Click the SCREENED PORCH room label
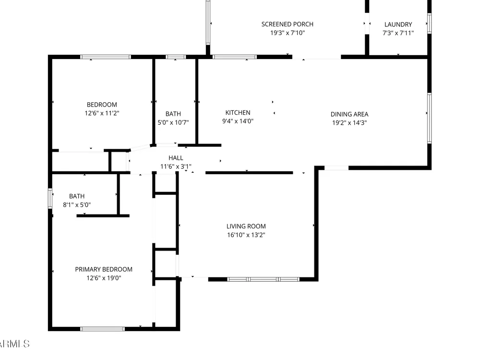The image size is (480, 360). point(287,24)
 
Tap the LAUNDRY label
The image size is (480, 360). point(398,24)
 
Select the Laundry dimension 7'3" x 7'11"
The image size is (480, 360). point(398,33)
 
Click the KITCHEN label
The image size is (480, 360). point(238,113)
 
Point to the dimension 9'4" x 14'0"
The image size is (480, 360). point(238,121)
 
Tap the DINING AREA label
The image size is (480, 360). point(349,114)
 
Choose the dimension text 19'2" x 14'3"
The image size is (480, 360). point(349,123)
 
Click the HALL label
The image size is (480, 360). point(176,158)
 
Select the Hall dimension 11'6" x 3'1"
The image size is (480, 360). point(176,166)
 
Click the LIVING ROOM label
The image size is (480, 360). point(246,226)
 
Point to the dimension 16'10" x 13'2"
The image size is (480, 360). point(246,235)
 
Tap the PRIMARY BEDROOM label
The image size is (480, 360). point(104,269)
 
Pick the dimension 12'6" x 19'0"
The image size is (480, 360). point(104,278)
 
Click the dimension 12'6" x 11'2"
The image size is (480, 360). point(102,113)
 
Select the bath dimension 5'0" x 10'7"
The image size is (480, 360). point(173,122)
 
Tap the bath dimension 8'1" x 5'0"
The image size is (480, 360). point(77,205)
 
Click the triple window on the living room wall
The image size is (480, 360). point(263,279)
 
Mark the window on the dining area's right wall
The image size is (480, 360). point(429,118)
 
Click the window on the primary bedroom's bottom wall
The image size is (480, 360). point(103,329)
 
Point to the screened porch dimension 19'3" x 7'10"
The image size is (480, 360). point(287,33)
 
